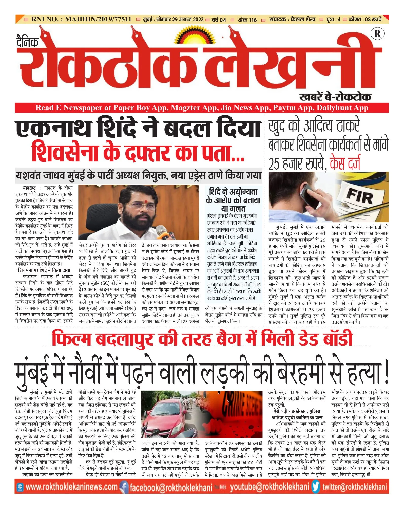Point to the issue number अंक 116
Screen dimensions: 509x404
(247, 20)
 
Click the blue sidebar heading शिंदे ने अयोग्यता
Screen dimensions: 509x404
(233, 192)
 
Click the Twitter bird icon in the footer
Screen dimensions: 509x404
(316, 487)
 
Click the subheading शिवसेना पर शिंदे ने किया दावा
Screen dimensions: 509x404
(44, 270)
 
